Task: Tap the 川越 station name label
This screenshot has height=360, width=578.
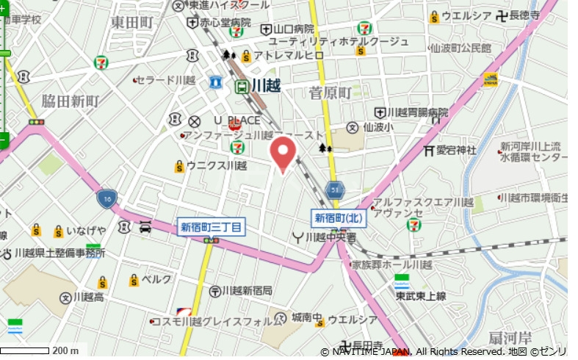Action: click(x=266, y=86)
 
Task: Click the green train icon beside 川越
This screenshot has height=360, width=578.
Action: click(x=241, y=87)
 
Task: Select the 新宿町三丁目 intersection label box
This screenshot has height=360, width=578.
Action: click(x=212, y=227)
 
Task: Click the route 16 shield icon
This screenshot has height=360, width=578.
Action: click(x=106, y=198)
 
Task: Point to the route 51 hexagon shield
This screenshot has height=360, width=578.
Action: click(x=335, y=190)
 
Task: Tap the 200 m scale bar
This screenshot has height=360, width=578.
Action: click(x=26, y=350)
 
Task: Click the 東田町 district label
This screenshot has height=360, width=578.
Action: click(x=132, y=22)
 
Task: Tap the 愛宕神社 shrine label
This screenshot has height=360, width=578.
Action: click(x=456, y=151)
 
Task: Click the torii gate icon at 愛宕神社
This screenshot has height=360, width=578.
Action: click(x=429, y=151)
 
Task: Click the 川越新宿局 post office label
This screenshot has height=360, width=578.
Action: click(x=247, y=291)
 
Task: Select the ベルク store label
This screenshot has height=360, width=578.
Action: click(x=156, y=280)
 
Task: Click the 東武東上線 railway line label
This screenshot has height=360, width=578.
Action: click(x=421, y=295)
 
